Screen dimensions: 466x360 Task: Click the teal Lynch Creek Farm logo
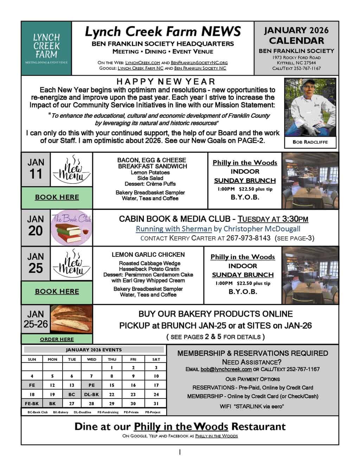pos(46,48)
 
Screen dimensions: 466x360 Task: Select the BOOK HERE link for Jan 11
pos(57,197)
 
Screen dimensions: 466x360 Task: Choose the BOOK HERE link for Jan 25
pos(57,292)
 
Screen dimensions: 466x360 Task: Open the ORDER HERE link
pos(57,339)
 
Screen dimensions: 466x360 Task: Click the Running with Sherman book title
pos(174,229)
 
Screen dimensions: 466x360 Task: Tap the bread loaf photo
pos(71,319)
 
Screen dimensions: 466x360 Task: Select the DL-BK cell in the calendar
pos(91,395)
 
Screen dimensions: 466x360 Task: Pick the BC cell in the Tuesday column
pos(72,395)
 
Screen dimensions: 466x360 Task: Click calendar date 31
pos(156,404)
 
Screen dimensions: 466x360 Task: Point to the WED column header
pos(91,359)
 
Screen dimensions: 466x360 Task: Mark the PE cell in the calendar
pos(91,385)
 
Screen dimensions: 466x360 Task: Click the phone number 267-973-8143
pos(249,238)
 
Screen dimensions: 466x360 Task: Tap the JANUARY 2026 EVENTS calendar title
pos(94,350)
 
